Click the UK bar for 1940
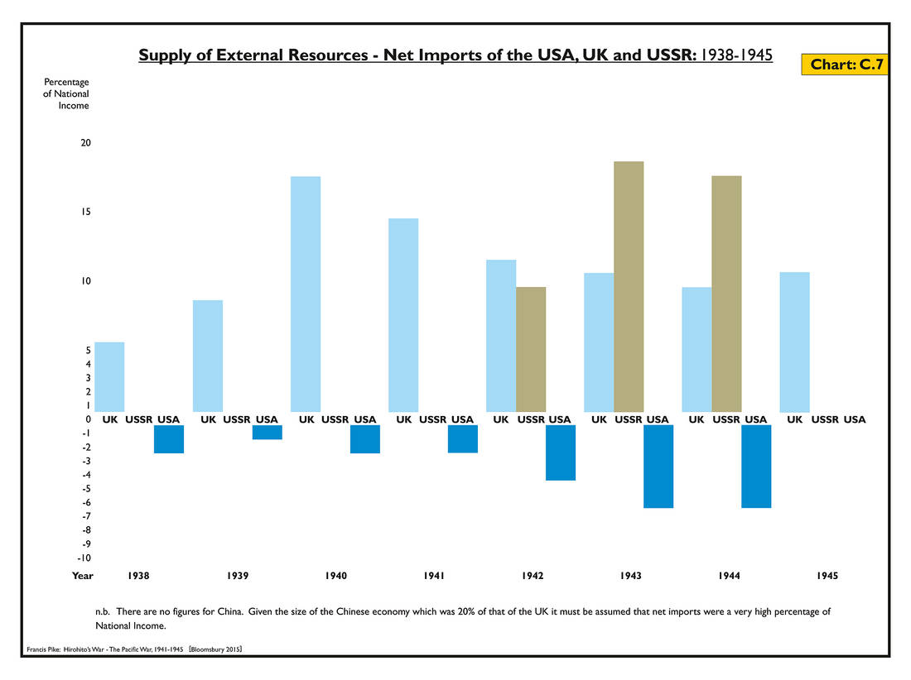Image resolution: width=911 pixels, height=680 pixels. (306, 294)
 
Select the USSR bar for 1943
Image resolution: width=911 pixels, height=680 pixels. (629, 286)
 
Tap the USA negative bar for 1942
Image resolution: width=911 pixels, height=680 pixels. (561, 453)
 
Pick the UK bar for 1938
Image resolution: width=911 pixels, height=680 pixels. (110, 376)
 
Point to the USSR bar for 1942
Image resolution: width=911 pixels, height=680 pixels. (531, 349)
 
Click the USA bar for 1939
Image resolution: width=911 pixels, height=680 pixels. (268, 432)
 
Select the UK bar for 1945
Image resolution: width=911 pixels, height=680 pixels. (795, 342)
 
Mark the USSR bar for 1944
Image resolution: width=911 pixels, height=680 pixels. (726, 294)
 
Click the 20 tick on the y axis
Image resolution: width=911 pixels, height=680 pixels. (85, 143)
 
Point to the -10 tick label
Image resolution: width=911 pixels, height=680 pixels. (84, 558)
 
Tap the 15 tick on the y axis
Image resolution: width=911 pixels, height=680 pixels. (85, 213)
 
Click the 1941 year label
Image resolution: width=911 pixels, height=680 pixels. (434, 576)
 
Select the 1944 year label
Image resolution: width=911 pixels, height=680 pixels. (728, 576)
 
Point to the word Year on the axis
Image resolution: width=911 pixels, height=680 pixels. (82, 576)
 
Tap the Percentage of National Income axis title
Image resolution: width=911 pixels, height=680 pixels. (66, 93)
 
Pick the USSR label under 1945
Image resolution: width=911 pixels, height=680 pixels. (825, 419)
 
